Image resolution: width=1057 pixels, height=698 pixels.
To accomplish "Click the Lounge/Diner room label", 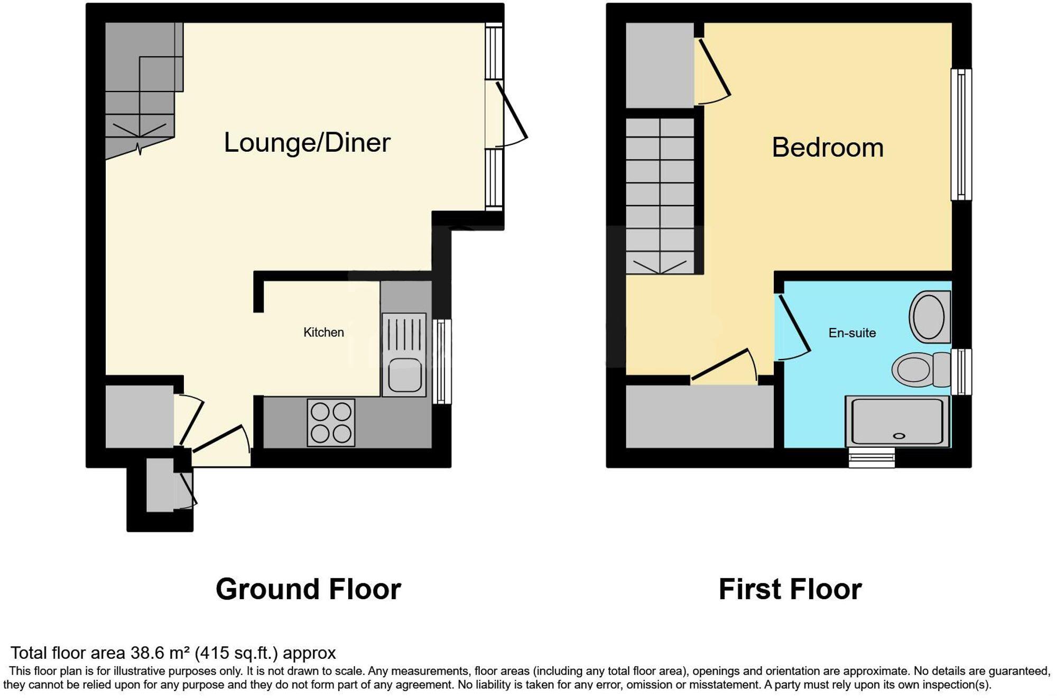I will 307,143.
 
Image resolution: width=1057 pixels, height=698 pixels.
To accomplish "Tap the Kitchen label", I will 323,332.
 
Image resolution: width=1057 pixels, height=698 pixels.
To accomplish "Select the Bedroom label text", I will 827,148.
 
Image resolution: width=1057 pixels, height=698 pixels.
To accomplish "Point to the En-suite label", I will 852,333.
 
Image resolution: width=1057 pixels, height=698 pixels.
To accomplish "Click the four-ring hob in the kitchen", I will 331,423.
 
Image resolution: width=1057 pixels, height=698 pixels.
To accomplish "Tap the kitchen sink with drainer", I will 404,355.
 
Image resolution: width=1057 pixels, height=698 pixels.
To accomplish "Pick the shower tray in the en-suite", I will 897,421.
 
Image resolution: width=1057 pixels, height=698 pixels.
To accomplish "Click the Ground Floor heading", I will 308,589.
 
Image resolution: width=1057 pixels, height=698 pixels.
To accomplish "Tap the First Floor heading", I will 790,589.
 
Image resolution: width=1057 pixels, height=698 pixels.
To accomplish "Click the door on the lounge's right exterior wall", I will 507,114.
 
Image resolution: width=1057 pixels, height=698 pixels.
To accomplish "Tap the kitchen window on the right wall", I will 442,361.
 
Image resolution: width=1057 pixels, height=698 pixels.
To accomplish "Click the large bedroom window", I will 961,134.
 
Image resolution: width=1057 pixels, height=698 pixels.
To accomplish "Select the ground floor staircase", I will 141,90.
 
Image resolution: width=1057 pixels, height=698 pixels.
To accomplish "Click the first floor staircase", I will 660,196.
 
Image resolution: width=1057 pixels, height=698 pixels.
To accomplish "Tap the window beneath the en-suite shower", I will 871,457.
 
